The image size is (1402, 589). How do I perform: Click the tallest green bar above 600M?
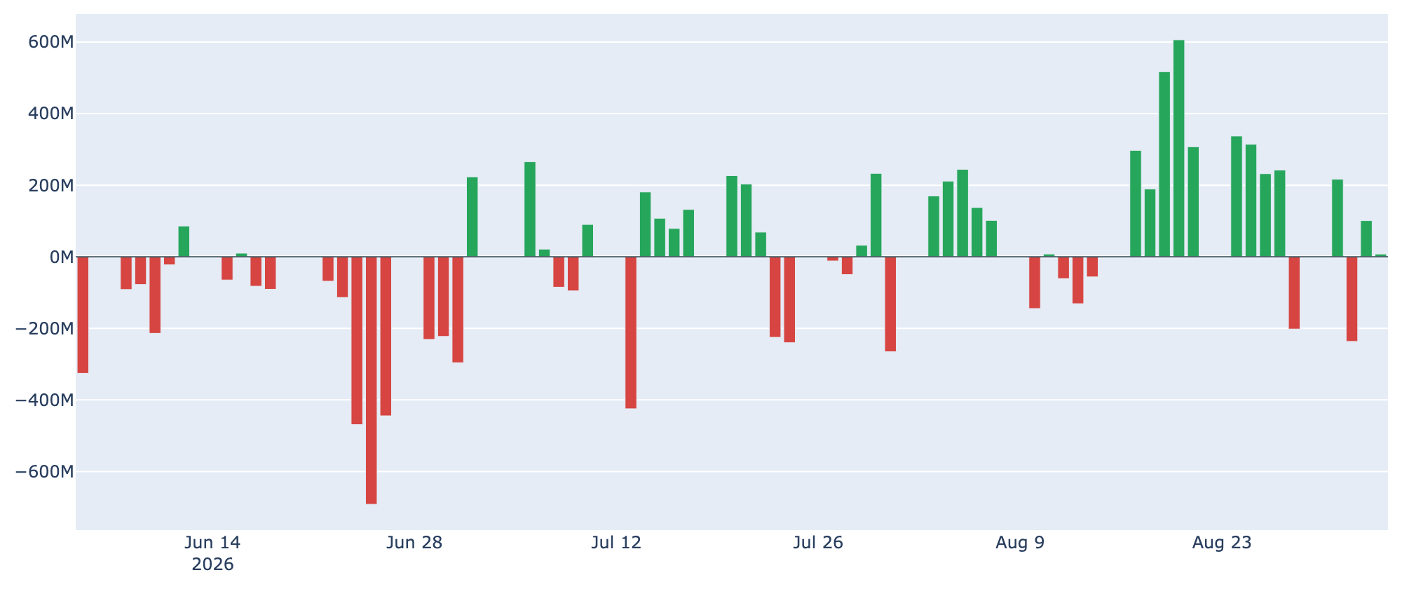[1178, 149]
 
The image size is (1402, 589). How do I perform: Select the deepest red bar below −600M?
[371, 380]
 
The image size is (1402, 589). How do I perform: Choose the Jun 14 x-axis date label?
[212, 543]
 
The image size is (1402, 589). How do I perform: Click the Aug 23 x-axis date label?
[1222, 543]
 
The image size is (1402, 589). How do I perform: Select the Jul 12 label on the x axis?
[616, 543]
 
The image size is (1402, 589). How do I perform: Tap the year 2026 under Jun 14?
[212, 564]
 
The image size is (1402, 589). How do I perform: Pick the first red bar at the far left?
[83, 315]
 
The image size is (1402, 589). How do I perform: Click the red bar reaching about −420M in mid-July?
[631, 332]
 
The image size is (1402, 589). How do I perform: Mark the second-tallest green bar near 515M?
[1164, 165]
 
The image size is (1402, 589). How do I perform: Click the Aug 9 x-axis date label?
[1020, 543]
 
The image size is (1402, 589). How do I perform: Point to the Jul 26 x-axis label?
[818, 543]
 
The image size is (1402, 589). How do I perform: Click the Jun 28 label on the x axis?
[414, 543]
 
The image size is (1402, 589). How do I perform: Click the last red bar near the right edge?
[1352, 299]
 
